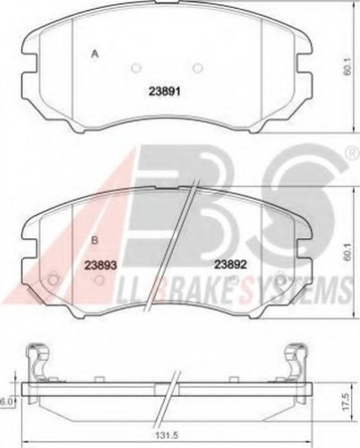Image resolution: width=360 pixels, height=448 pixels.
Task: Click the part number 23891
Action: (165, 91)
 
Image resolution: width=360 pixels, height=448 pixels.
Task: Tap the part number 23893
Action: (100, 264)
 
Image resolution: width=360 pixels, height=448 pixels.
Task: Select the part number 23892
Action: (231, 264)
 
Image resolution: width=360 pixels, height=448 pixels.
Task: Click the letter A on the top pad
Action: (95, 54)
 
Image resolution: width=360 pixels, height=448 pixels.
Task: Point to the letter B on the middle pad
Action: (95, 240)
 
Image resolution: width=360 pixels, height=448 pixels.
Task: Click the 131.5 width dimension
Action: (168, 435)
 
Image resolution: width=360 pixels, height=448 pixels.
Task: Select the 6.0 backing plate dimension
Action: (6, 402)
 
